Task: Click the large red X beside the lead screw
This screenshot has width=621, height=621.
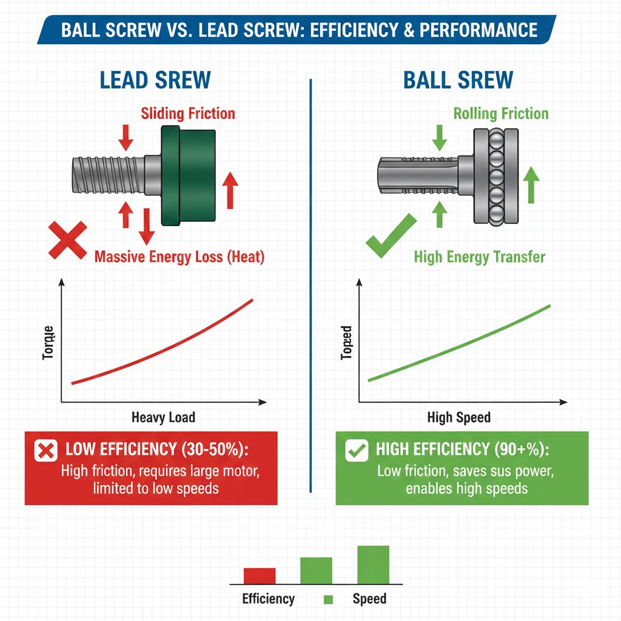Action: point(67,241)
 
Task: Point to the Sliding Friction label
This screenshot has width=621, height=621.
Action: point(188,113)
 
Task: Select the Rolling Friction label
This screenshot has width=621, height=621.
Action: point(501,113)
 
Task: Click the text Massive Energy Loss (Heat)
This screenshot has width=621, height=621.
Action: point(180,257)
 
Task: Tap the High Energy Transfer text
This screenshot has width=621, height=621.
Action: point(479,257)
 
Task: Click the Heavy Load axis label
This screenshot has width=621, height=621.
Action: point(163,417)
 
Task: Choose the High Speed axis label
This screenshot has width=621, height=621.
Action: point(458,417)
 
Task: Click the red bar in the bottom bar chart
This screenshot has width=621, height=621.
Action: point(260,576)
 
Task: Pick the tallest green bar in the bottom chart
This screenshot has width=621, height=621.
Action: point(373,565)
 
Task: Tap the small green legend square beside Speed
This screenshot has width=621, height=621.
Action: point(329,600)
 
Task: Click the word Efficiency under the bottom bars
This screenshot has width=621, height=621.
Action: point(268,599)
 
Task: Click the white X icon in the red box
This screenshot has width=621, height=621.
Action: point(45,450)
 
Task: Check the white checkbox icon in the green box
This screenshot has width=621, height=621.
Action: point(355,450)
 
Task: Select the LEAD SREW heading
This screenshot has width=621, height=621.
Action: point(155,80)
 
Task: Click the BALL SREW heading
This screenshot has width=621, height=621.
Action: point(458,80)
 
